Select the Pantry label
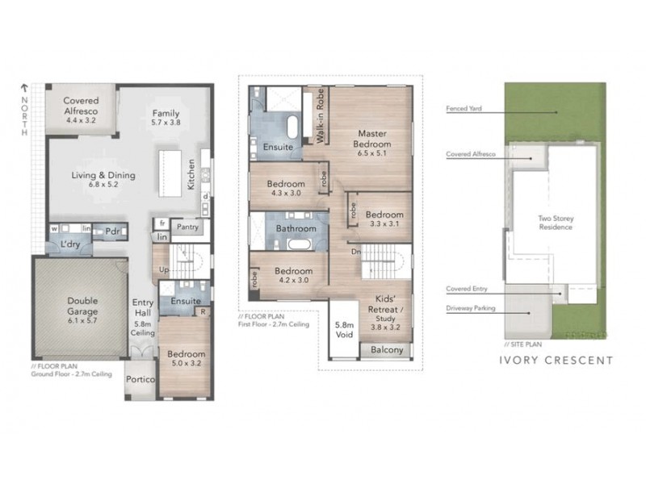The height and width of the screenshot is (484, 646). [x=187, y=227]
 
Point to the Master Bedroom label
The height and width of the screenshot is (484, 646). [x=374, y=138]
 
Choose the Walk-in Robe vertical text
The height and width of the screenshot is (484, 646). [x=320, y=115]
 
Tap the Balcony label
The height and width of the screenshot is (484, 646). [x=386, y=351]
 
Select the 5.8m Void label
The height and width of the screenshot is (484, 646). [x=344, y=332]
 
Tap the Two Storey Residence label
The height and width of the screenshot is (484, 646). [x=556, y=222]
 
